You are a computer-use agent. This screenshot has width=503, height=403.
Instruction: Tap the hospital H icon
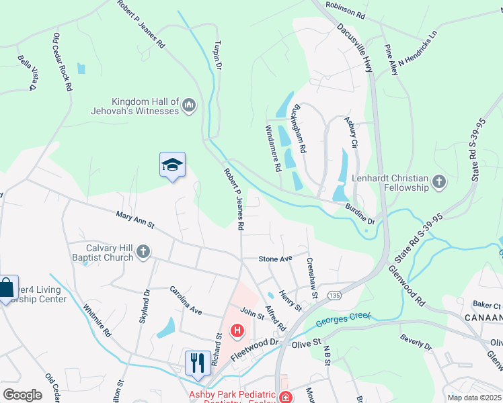237,330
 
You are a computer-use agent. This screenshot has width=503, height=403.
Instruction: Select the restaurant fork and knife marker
197,363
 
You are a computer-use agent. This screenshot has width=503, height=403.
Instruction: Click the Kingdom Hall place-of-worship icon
189,106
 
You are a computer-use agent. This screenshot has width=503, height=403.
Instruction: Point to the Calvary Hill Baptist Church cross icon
143,252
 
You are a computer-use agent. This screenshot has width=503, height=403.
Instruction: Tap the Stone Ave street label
276,259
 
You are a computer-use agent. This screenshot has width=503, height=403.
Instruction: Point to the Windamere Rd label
273,148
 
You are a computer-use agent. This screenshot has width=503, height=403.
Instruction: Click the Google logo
22,395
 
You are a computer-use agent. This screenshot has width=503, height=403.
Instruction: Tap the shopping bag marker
7,287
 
